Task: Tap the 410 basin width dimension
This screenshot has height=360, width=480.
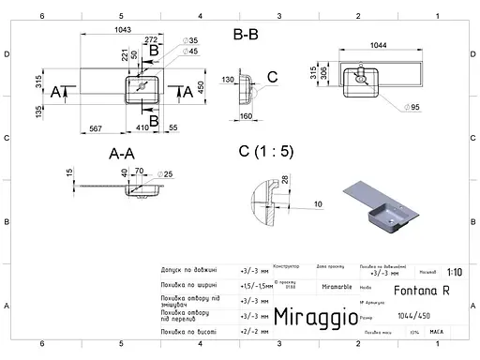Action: pyautogui.click(x=142, y=127)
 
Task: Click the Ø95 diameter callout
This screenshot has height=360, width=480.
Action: pyautogui.click(x=415, y=108)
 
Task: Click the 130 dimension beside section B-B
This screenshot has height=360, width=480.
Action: pyautogui.click(x=228, y=80)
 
